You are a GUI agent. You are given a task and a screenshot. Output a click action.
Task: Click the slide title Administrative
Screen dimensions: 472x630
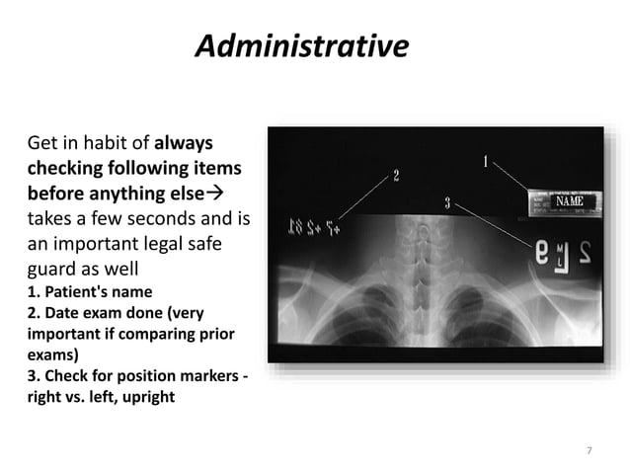point(300,46)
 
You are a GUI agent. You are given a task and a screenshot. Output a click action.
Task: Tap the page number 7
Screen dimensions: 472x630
point(590,451)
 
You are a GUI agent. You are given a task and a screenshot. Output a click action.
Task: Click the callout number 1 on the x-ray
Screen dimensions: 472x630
point(485,160)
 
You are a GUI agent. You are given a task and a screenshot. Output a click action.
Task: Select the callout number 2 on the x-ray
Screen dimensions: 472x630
point(396,176)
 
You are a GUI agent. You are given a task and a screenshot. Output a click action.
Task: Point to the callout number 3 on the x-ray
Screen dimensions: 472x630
point(447,203)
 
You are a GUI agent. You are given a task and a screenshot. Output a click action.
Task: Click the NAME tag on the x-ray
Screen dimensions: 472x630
point(569,201)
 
